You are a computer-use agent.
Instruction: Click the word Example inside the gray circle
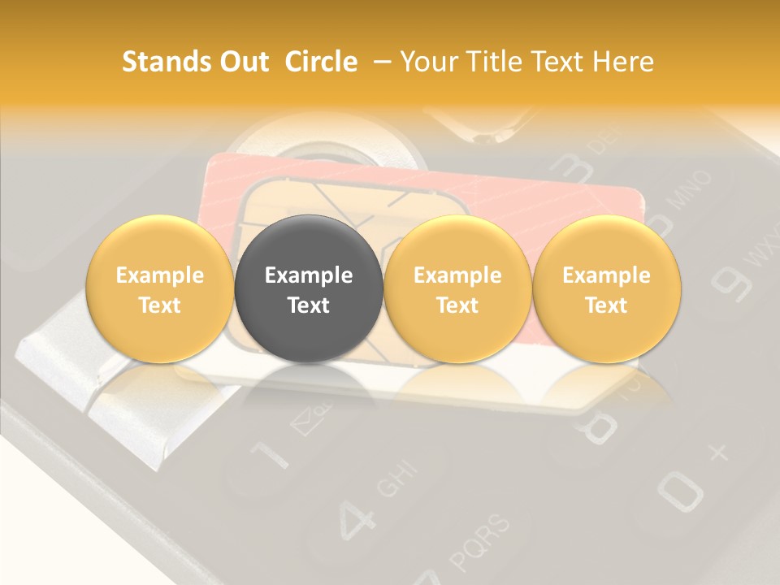(308, 275)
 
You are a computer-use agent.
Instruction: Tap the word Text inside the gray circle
(308, 305)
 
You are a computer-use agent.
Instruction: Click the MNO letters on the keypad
(691, 192)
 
